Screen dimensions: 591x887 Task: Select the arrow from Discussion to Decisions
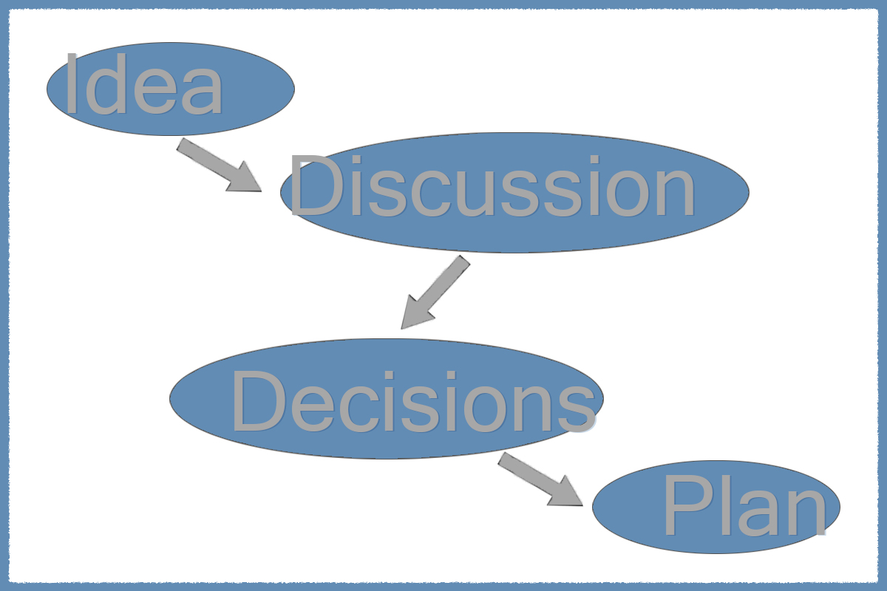[435, 293]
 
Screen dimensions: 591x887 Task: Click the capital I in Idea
[71, 84]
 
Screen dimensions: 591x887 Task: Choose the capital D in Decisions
[259, 401]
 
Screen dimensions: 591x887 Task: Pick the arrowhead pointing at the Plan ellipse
[568, 493]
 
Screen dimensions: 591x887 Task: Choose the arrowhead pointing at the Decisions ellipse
[414, 314]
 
